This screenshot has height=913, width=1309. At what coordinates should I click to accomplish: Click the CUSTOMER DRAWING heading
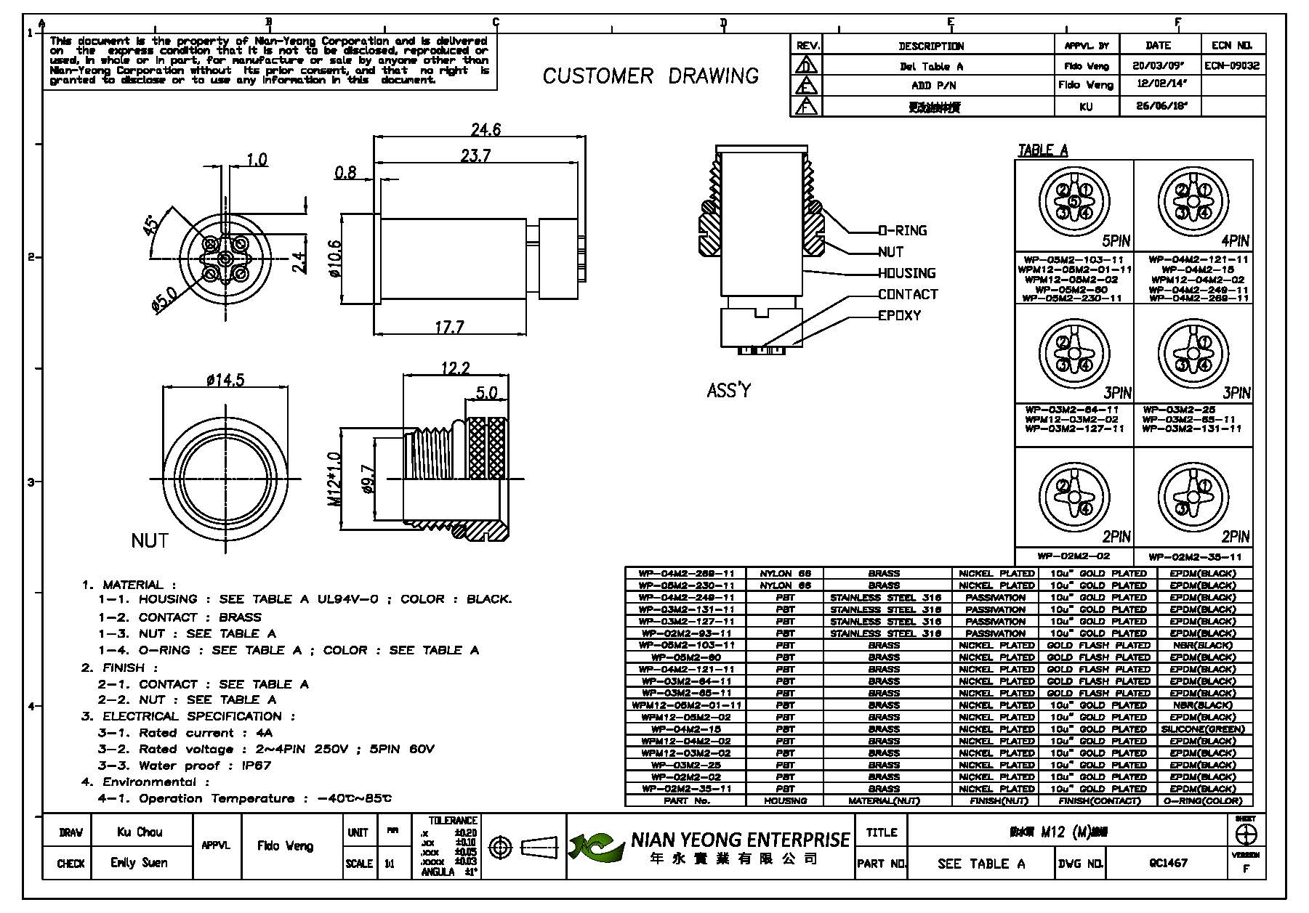point(651,76)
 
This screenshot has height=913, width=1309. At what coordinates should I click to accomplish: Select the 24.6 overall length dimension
point(486,130)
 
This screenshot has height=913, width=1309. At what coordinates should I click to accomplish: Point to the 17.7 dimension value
point(449,328)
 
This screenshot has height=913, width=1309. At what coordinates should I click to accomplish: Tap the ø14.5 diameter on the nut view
point(225,380)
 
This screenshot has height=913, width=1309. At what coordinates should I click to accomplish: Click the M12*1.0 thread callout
point(334,479)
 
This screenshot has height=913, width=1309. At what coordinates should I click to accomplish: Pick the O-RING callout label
point(903,231)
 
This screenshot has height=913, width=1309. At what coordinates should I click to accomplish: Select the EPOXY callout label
point(899,316)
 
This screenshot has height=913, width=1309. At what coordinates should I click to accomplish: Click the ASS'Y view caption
point(728,391)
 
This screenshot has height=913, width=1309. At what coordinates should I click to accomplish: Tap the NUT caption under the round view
point(150,541)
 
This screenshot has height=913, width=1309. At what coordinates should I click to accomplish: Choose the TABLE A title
point(1042,150)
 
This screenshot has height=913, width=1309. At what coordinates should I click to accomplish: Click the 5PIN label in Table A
point(1116,241)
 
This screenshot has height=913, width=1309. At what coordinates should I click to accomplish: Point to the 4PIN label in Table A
point(1235,241)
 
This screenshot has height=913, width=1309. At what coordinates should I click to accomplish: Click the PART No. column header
point(686,801)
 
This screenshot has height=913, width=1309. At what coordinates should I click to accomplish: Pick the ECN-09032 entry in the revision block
point(1232,65)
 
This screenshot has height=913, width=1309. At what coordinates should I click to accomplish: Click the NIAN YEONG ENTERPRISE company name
point(740,840)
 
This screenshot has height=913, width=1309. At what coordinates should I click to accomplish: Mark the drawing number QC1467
point(1168,863)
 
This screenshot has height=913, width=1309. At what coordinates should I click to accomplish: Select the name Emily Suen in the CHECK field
point(139,863)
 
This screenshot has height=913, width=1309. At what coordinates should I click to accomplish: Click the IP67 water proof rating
point(257,766)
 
